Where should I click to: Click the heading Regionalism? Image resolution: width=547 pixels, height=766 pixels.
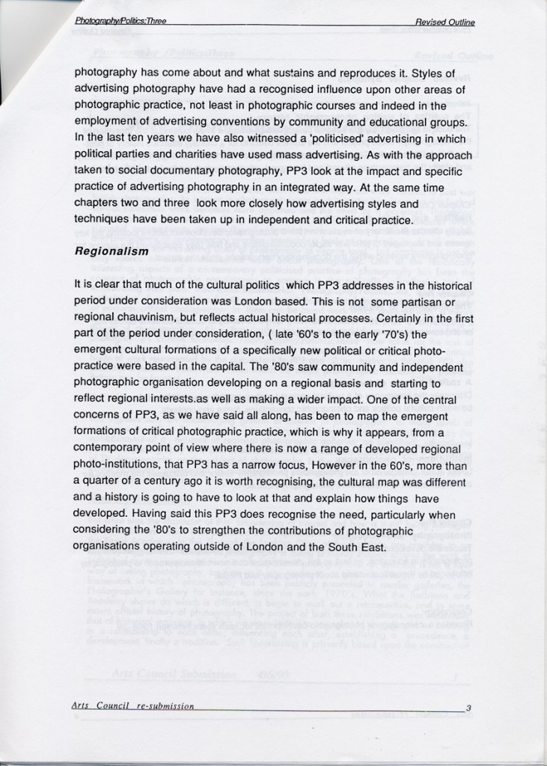pyautogui.click(x=111, y=252)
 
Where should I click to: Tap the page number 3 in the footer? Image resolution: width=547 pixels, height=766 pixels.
pyautogui.click(x=468, y=707)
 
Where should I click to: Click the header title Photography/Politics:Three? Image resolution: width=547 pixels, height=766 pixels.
pyautogui.click(x=120, y=22)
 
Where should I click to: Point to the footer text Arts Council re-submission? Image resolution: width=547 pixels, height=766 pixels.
pyautogui.click(x=133, y=706)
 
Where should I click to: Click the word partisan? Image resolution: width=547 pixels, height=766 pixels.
pyautogui.click(x=425, y=301)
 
